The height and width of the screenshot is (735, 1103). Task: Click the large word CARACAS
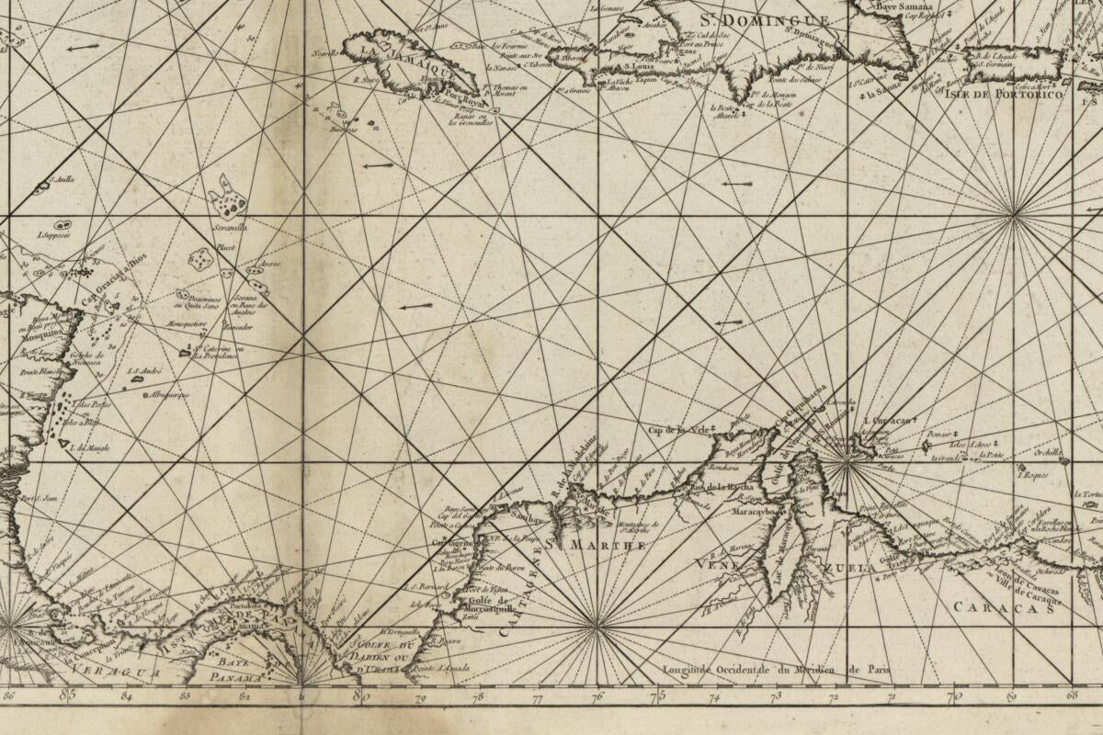[x=1002, y=607]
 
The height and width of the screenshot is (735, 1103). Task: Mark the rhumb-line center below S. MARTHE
[x=597, y=627]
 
